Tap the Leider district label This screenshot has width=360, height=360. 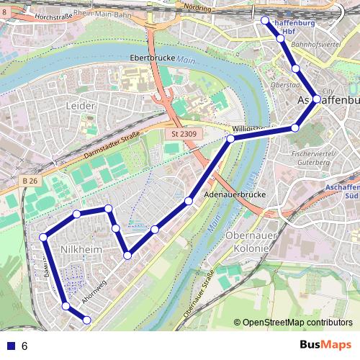tap(80, 106)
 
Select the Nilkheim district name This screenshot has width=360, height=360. tap(78, 249)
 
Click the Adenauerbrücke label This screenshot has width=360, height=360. tap(236, 195)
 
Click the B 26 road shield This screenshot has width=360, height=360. tap(29, 180)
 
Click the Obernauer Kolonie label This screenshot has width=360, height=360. tap(247, 242)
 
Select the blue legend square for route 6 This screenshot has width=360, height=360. tap(10, 346)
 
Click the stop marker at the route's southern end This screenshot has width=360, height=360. tap(86, 320)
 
